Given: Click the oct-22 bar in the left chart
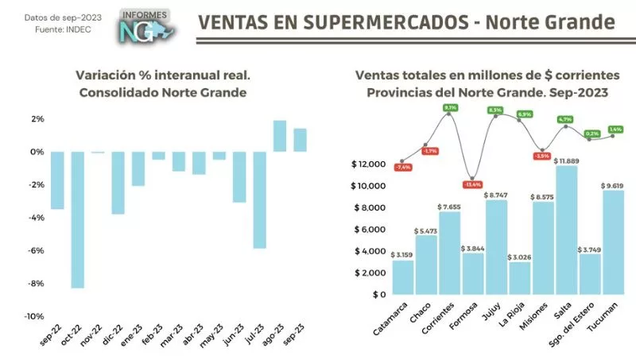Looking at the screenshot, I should pyautogui.click(x=78, y=219).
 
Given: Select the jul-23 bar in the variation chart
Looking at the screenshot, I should pyautogui.click(x=260, y=199).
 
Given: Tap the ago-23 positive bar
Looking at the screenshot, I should pyautogui.click(x=280, y=136).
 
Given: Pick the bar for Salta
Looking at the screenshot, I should pyautogui.click(x=566, y=230).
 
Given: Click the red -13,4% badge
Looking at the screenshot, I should pyautogui.click(x=474, y=184).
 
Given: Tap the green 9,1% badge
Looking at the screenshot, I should pyautogui.click(x=451, y=107).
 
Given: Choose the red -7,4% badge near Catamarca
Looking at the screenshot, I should pyautogui.click(x=403, y=167).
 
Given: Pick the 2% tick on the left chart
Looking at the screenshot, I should pyautogui.click(x=37, y=119).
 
